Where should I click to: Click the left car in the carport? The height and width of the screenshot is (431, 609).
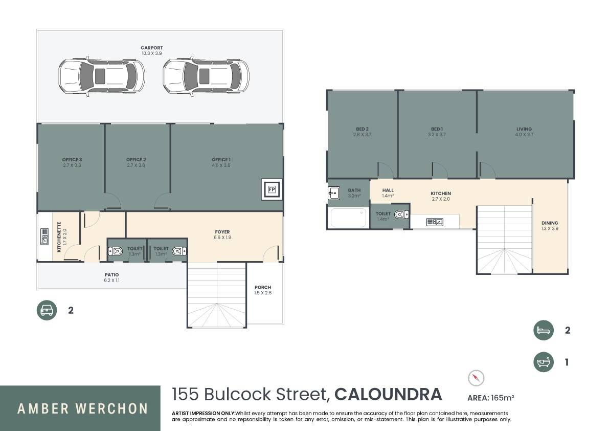click(101, 76)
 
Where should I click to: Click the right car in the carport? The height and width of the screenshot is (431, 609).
click(206, 76)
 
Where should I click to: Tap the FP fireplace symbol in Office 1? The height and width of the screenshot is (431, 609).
click(272, 190)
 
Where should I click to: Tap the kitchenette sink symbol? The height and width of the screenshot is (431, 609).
click(44, 236)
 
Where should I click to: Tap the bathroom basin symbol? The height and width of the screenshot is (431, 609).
click(333, 193)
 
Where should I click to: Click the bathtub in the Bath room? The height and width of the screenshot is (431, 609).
click(348, 218)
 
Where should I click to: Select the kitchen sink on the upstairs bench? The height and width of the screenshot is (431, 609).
click(435, 222)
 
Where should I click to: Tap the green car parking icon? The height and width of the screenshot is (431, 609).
click(47, 310)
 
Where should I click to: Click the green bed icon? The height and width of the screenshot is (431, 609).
click(544, 330)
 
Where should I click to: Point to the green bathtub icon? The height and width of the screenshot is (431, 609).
click(544, 362)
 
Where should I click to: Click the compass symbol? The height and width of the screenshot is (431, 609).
click(476, 378)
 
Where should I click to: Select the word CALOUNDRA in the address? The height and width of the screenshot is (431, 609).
click(388, 394)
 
